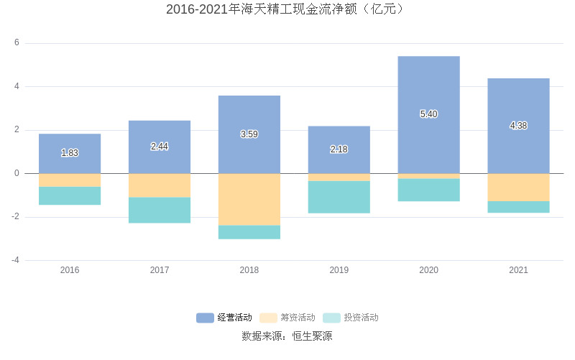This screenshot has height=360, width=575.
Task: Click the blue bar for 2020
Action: point(428,86)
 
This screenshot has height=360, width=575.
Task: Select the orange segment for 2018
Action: point(249,200)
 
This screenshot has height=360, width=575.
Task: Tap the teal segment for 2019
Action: point(339,197)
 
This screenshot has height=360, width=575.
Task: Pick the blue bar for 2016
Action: point(70,144)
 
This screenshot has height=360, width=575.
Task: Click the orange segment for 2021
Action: point(518,188)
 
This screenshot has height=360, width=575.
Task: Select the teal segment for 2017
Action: point(160,210)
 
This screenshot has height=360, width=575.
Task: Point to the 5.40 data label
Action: point(428,114)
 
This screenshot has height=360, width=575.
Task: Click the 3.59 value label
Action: point(249,134)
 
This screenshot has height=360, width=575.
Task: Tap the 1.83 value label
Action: point(70,153)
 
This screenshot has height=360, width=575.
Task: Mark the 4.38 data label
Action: point(518,126)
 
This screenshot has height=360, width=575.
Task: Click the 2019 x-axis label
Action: point(339,270)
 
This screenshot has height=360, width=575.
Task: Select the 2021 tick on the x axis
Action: point(518,270)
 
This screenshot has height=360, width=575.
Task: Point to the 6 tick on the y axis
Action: point(17,43)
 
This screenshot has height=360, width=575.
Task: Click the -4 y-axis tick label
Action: point(14,260)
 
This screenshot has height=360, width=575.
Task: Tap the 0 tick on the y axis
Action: point(17,173)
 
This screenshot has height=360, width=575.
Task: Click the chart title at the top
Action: point(287,9)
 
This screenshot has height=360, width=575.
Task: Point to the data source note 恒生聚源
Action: point(287,336)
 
